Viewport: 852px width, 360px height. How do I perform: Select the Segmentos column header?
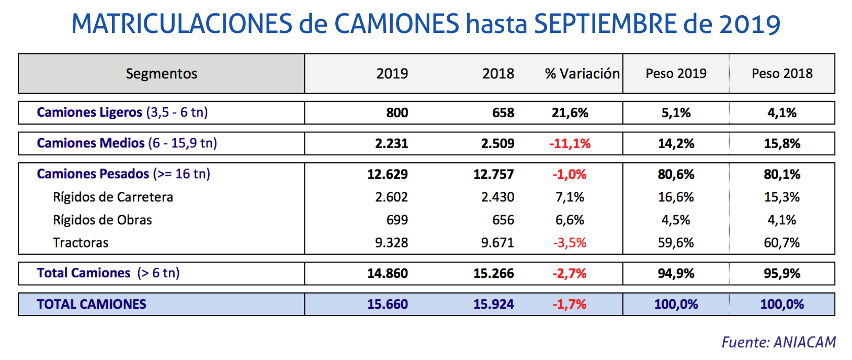161,74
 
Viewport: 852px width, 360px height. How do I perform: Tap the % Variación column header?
582,74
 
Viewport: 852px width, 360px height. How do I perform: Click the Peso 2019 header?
676,74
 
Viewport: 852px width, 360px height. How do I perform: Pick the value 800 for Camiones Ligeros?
397,113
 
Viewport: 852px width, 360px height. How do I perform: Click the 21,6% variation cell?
570,113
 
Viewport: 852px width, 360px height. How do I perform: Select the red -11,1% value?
570,144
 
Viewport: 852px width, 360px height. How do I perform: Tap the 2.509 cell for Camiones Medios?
497,144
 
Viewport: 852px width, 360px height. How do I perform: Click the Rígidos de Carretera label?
113,197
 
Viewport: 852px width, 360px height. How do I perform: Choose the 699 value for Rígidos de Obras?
397,220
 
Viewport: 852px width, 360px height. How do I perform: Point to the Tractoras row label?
81,243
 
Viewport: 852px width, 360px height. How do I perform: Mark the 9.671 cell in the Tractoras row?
497,243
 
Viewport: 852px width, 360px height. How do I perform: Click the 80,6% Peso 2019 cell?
676,174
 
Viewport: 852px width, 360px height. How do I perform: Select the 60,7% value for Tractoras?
781,243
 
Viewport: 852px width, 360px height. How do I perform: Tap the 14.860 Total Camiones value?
387,274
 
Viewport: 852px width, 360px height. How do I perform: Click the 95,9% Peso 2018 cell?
781,274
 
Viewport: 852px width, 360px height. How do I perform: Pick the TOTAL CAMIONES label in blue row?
92,305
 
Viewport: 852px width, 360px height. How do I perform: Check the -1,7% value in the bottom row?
570,305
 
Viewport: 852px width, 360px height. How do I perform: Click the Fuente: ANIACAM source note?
778,342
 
